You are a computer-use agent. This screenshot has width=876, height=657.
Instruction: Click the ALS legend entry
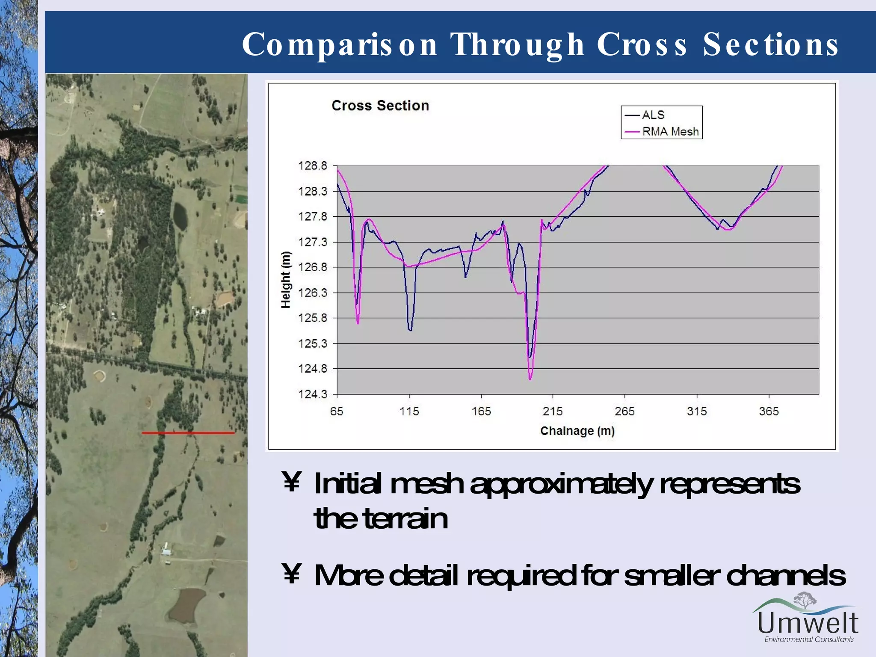pos(653,115)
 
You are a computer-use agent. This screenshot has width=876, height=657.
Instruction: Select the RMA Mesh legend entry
pos(670,131)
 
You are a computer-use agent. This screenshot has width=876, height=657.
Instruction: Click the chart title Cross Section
pos(380,106)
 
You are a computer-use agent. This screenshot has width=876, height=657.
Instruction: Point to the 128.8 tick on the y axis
pos(312,166)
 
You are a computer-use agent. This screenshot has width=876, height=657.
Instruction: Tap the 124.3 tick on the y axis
pos(312,394)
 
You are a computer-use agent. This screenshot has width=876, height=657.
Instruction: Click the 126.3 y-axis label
pos(312,293)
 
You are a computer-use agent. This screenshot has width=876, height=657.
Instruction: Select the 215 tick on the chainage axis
pos(553,411)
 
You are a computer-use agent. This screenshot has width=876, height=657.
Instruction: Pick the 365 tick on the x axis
pos(769,411)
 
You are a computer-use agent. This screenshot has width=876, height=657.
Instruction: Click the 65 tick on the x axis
pos(337,411)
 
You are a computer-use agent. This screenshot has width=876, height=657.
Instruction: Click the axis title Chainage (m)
pos(577,431)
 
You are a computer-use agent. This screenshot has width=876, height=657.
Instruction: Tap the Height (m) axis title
pos(286,280)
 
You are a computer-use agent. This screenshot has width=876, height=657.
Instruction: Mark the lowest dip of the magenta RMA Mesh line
pos(530,379)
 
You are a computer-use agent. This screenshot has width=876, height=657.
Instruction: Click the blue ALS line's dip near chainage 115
pos(410,330)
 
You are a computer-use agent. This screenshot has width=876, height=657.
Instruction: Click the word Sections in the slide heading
pos(770,44)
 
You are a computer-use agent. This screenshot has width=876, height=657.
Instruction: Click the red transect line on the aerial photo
pos(188,433)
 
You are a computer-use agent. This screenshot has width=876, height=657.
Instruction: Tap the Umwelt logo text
pos(808,623)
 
